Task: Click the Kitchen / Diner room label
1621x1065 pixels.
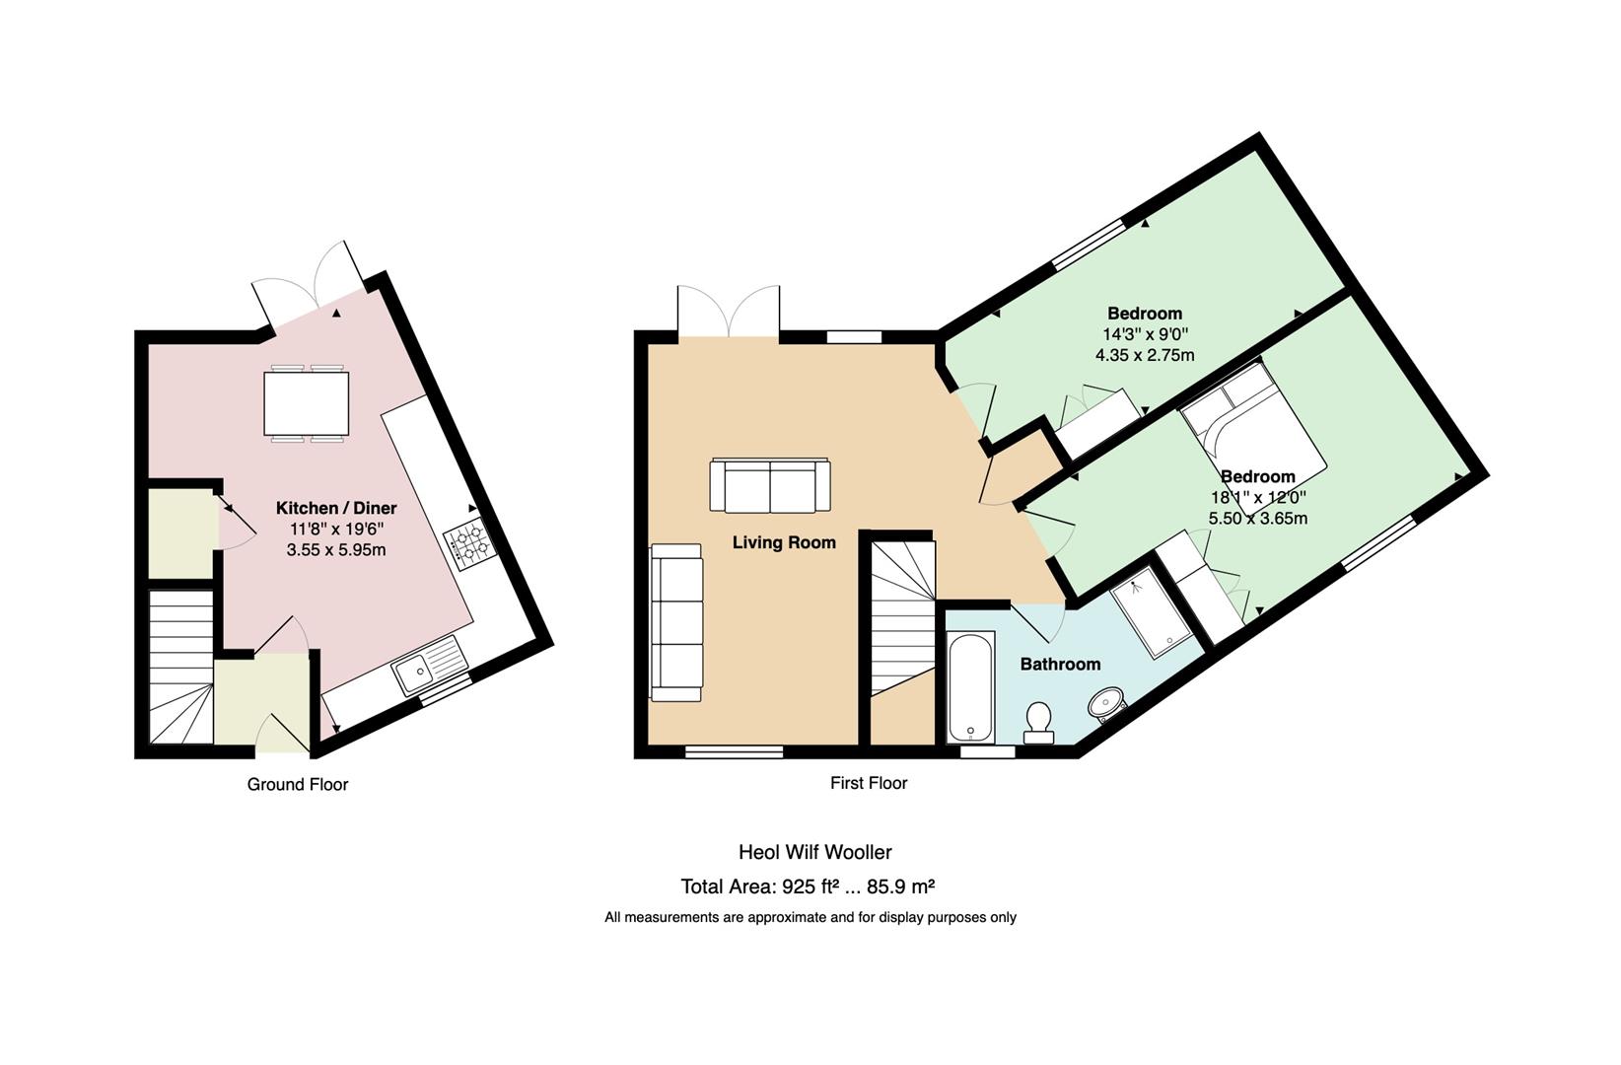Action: pos(336,508)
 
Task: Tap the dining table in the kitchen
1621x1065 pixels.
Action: pos(306,403)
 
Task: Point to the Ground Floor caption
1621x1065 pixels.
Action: pos(298,784)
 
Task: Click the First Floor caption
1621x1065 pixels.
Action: pos(869,783)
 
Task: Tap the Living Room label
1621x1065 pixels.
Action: pos(784,542)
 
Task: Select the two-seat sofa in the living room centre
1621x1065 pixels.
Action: pos(770,485)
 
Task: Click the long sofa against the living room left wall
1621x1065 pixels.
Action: pos(676,623)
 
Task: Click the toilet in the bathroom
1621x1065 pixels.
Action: pos(1038,721)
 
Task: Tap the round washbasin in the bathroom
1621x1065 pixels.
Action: pos(1106,705)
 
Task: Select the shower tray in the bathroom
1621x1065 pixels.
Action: pos(1152,611)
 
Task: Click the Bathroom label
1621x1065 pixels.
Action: pos(1060,665)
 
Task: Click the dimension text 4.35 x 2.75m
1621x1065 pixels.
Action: pos(1145,355)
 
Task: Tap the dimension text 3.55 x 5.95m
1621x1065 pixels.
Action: pos(336,550)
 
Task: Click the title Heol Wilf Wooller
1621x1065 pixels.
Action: pos(814,852)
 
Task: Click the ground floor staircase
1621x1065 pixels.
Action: pos(180,667)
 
